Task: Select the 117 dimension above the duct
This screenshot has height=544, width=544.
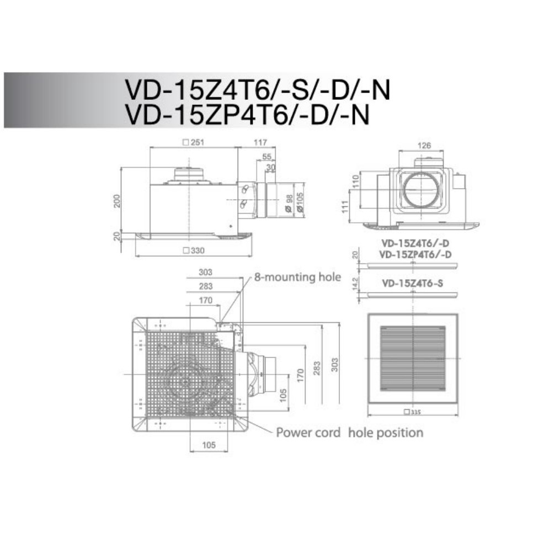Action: click(x=260, y=142)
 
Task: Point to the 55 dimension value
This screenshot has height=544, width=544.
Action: click(x=267, y=157)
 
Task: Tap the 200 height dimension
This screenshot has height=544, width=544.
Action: click(x=117, y=201)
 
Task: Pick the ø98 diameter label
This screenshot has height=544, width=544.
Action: click(x=289, y=203)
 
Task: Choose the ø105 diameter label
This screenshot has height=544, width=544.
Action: click(x=300, y=202)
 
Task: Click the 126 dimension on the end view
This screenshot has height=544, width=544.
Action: click(x=424, y=145)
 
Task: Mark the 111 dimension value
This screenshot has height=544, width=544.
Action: click(x=345, y=207)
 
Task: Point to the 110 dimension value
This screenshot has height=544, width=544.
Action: click(x=356, y=181)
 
